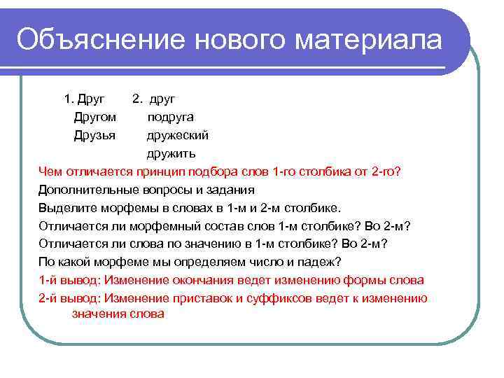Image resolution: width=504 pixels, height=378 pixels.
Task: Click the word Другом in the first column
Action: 95,116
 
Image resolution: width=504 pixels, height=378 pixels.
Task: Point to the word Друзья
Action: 94,134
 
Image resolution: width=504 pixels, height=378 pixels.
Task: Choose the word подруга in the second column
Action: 170,116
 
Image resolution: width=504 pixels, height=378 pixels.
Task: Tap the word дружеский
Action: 177,134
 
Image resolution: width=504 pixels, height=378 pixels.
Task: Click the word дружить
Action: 171,153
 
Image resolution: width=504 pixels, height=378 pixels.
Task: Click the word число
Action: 265,262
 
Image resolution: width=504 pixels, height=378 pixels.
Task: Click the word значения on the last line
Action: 99,314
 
